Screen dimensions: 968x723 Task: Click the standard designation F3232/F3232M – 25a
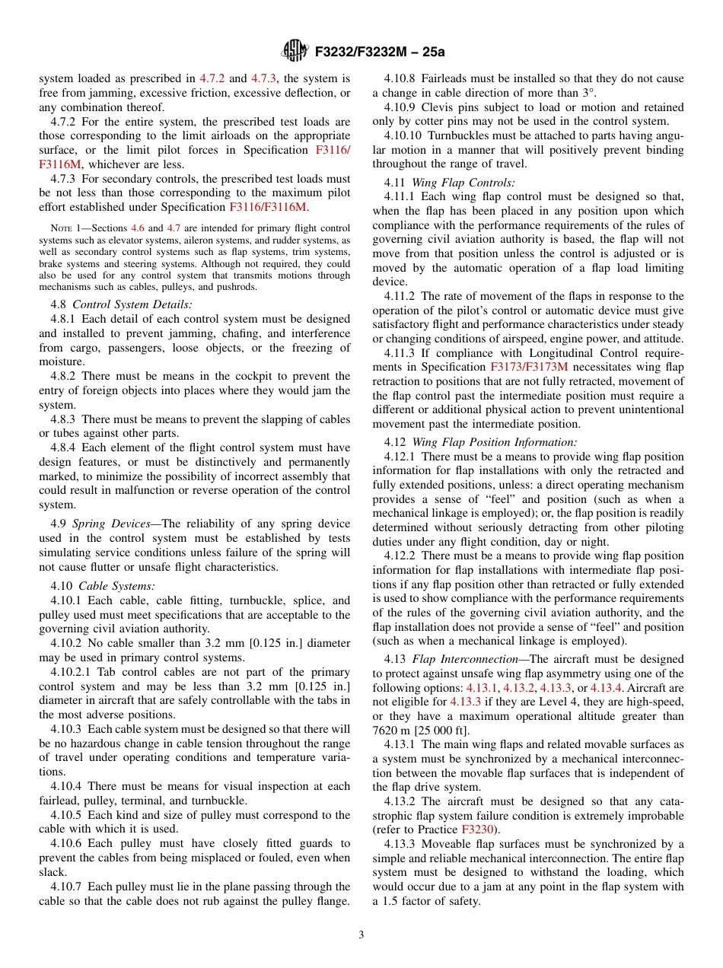375,52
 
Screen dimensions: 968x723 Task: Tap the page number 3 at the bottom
361,935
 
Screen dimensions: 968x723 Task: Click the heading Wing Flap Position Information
494,442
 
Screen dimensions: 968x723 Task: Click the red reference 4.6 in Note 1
138,228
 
